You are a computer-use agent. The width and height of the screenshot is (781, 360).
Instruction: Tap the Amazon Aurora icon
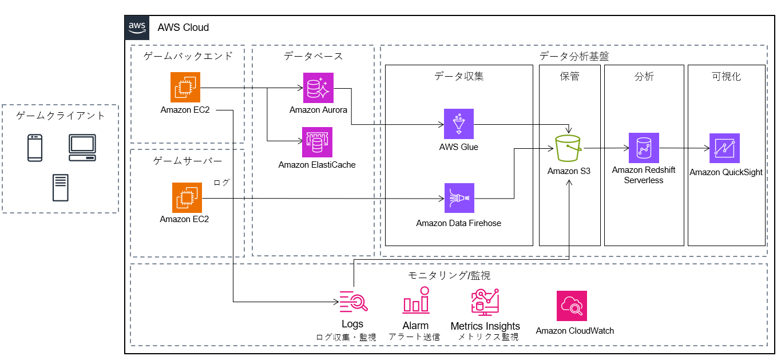318,88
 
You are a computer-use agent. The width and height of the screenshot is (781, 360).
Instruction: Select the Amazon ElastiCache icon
317,142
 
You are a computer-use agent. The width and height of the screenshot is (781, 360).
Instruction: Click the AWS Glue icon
459,124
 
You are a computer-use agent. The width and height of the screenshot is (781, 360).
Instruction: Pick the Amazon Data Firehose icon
459,198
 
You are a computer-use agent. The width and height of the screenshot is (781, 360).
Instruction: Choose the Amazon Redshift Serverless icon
644,148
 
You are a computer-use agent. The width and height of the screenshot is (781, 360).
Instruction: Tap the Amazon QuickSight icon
724,148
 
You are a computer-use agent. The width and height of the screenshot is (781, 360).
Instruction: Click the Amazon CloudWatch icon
572,306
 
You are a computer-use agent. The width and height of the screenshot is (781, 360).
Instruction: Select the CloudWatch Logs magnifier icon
353,300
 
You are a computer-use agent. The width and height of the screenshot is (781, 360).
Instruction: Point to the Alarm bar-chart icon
415,300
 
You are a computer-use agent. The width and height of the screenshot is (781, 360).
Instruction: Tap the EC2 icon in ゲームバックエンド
185,87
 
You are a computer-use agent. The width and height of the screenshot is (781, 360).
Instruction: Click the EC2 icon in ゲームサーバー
187,197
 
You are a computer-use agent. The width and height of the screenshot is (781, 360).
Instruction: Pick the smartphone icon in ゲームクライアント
35,148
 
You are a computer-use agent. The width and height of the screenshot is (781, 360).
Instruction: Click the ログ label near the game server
221,182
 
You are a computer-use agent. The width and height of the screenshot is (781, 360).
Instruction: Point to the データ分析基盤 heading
574,56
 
